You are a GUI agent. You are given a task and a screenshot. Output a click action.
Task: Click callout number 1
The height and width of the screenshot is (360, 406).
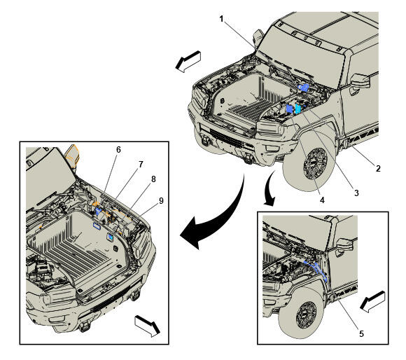221,19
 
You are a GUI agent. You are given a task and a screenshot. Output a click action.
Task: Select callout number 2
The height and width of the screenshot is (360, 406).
378,169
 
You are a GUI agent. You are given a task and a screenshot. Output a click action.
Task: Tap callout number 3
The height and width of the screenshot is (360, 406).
356,193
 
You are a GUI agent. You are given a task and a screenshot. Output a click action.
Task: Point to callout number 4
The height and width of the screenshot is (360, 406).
322,200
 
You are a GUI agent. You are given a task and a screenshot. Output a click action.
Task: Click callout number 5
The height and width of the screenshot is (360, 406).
361,334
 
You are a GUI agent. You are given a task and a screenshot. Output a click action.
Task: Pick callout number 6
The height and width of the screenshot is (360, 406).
118,150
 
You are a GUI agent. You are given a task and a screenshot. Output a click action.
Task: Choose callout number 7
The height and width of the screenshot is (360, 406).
141,164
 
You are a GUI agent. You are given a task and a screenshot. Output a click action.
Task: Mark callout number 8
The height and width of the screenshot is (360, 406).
153,179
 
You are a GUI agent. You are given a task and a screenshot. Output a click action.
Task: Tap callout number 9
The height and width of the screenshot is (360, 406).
161,201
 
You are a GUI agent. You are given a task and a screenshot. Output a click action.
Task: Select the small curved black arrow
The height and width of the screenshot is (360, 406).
269,187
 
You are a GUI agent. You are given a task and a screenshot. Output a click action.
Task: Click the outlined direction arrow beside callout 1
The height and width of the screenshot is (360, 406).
188,62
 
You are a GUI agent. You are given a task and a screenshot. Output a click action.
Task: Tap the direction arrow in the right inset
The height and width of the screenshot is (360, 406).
372,302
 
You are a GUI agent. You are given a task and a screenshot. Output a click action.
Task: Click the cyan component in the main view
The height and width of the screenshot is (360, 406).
297,109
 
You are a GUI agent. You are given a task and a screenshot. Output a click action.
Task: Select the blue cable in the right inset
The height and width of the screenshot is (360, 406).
316,270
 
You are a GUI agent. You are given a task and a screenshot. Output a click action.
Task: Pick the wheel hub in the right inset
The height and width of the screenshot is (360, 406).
306,315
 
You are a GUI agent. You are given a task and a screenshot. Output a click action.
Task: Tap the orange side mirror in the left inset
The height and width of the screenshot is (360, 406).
72,155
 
